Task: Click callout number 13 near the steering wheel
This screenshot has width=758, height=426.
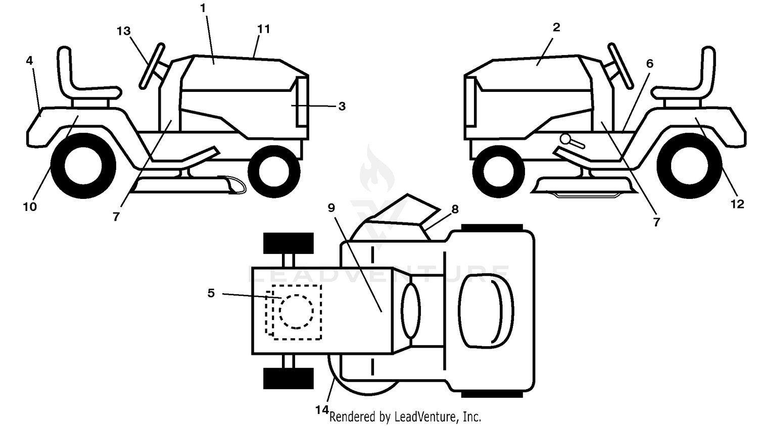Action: pyautogui.click(x=123, y=31)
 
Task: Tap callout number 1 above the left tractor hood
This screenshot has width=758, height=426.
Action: pyautogui.click(x=203, y=8)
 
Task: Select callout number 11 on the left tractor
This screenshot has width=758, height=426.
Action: pyautogui.click(x=264, y=29)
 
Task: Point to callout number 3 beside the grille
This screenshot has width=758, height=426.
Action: pyautogui.click(x=342, y=106)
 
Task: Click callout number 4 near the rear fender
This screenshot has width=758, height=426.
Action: pyautogui.click(x=29, y=61)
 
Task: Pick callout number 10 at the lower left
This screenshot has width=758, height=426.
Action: pyautogui.click(x=30, y=206)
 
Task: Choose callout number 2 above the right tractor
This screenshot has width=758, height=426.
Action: pyautogui.click(x=556, y=27)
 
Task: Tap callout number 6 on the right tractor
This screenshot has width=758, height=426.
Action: pyautogui.click(x=650, y=64)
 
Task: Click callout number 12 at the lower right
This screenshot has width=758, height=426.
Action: pyautogui.click(x=737, y=204)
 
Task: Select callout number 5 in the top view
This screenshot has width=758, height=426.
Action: pyautogui.click(x=211, y=293)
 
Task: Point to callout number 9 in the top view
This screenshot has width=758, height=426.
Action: pyautogui.click(x=331, y=208)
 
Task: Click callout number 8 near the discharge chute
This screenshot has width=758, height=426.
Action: pyautogui.click(x=455, y=209)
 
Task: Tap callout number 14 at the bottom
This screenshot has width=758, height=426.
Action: pyautogui.click(x=322, y=410)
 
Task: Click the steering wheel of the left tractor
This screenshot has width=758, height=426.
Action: pyautogui.click(x=152, y=66)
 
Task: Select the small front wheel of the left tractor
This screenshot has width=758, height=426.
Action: pyautogui.click(x=274, y=172)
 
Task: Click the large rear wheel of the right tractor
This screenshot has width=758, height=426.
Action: pyautogui.click(x=690, y=166)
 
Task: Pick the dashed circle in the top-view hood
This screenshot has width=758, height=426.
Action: pyautogui.click(x=297, y=311)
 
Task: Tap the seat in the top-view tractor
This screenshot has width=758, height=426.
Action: pyautogui.click(x=486, y=311)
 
